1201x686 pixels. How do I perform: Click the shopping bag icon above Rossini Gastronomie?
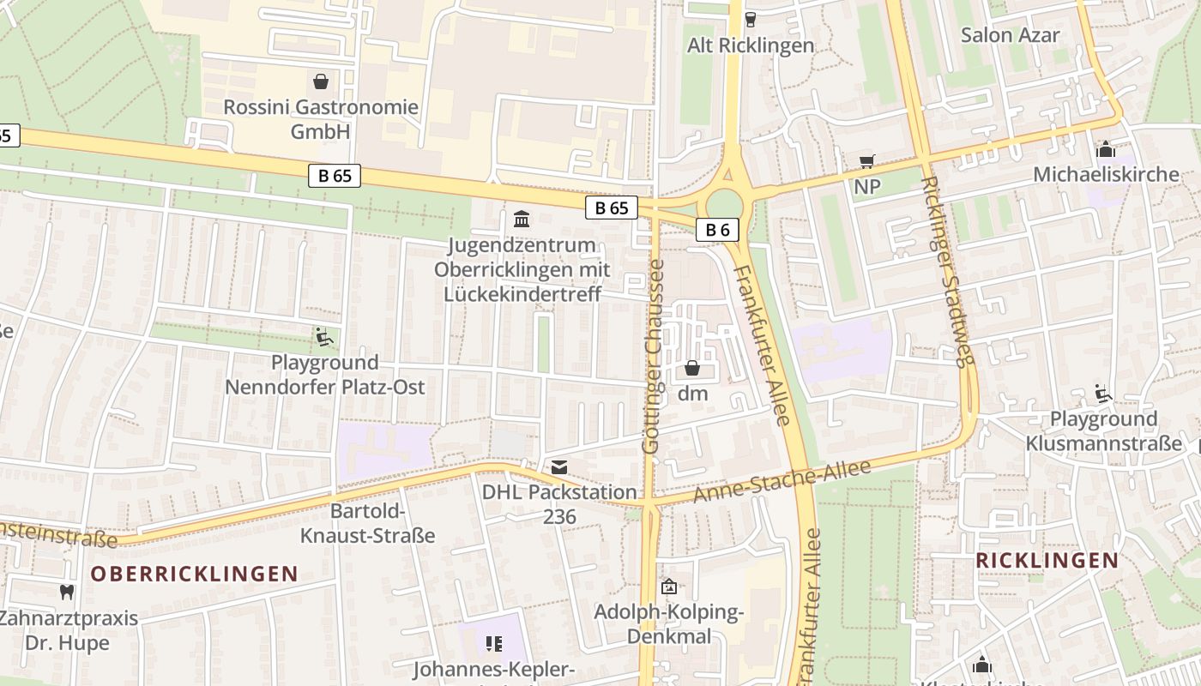[321, 81]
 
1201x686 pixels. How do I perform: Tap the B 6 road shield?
[717, 230]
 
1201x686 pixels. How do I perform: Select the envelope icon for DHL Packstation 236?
[559, 467]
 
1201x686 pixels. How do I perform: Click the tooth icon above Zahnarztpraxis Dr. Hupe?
[66, 592]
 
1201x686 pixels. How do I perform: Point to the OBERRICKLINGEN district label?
[195, 574]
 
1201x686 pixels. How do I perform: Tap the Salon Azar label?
[1010, 35]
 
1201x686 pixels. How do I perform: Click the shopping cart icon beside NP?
[867, 161]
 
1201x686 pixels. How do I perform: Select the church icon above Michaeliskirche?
[1106, 149]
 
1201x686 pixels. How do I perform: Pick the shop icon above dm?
[692, 368]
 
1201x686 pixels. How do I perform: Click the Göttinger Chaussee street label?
[653, 357]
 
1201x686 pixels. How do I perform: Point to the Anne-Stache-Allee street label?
[782, 482]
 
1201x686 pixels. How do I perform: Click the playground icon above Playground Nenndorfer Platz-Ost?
[324, 337]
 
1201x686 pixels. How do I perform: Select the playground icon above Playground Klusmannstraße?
[1103, 394]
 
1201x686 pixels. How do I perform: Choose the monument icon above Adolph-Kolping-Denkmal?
[668, 587]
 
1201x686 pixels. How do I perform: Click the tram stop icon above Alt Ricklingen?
[751, 19]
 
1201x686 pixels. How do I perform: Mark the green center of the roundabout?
[724, 204]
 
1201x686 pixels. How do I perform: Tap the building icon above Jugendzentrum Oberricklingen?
[521, 219]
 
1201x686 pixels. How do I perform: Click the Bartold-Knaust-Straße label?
[367, 524]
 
